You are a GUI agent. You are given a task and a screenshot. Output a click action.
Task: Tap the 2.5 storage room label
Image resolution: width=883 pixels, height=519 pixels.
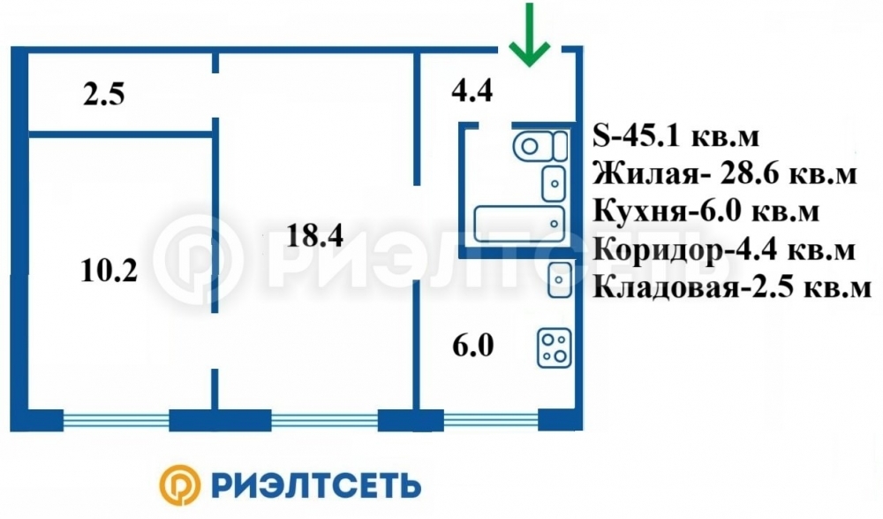(x=103, y=94)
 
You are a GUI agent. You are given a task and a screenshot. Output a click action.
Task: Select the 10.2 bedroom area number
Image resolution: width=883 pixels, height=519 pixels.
(x=109, y=271)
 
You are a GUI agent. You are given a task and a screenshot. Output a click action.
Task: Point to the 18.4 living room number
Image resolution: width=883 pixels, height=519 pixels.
(x=315, y=235)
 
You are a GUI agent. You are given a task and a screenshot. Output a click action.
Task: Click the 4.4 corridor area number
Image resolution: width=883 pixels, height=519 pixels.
(x=472, y=90)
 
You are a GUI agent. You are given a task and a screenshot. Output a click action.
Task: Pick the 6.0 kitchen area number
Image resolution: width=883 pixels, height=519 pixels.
(x=473, y=345)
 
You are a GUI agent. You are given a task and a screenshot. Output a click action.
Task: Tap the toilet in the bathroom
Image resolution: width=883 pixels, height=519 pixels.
(x=540, y=146)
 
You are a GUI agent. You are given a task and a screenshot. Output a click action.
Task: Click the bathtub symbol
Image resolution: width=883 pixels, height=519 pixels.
(x=519, y=224)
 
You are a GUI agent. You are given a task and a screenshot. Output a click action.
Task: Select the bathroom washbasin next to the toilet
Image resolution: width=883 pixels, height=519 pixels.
(x=554, y=184)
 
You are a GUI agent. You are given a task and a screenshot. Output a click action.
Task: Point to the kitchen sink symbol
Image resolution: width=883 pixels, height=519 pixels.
(x=560, y=279)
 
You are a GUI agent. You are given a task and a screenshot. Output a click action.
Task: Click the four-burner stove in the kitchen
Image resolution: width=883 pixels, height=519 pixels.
(x=555, y=348)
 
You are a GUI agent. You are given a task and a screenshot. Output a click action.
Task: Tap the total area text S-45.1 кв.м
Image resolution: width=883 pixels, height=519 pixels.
(x=675, y=136)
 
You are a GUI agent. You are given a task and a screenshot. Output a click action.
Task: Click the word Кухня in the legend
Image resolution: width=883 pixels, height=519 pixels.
(x=639, y=211)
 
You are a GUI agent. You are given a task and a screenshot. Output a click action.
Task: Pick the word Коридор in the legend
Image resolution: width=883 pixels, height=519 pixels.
(x=657, y=250)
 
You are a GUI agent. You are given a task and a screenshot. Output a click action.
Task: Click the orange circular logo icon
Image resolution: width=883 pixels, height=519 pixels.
(x=179, y=485)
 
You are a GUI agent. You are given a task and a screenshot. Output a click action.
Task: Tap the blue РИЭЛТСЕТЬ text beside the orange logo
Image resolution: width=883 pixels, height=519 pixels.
(x=316, y=485)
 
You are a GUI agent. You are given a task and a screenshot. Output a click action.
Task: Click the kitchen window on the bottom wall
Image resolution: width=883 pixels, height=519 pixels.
(x=491, y=420)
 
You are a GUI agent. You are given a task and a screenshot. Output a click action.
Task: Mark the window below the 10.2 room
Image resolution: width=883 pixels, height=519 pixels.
(x=116, y=420)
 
